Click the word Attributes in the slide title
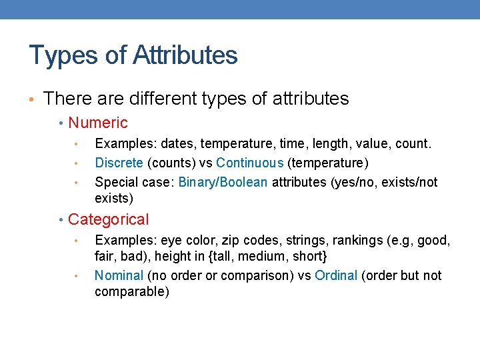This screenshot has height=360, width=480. [x=185, y=55]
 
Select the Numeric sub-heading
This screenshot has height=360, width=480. [x=98, y=123]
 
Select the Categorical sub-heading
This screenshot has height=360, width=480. [x=109, y=219]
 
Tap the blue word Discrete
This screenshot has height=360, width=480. [x=119, y=163]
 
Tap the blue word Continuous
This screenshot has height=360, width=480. [x=250, y=163]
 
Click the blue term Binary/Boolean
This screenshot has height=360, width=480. [x=223, y=182]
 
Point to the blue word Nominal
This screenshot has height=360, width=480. [x=119, y=275]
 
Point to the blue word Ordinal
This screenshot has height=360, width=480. [x=336, y=275]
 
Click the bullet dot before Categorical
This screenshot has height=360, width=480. [x=61, y=220]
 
